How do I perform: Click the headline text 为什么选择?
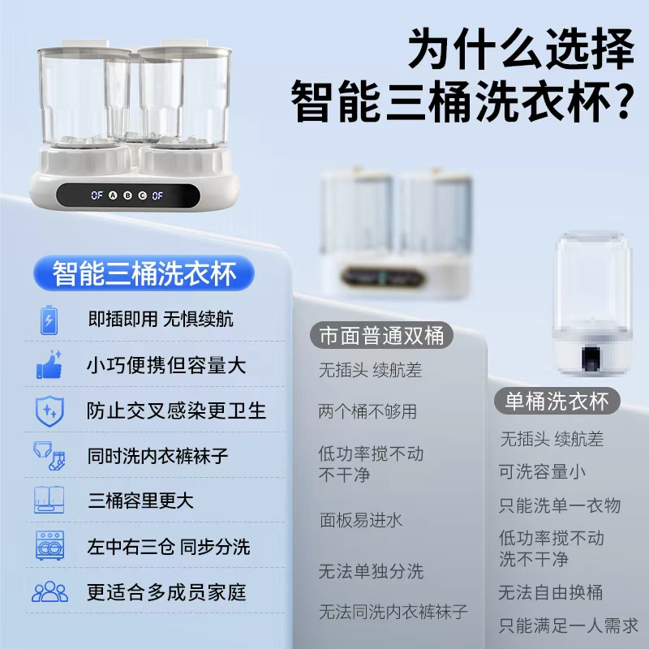click(x=520, y=50)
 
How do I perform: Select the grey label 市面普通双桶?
click(x=382, y=336)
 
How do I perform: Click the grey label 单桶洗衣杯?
click(x=557, y=402)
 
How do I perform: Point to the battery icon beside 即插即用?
click(x=48, y=319)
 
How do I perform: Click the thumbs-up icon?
click(x=49, y=364)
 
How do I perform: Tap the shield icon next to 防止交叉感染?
click(x=49, y=410)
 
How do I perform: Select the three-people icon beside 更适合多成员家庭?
click(x=49, y=591)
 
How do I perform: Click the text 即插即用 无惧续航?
click(x=160, y=319)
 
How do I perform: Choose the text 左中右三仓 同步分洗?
click(x=169, y=546)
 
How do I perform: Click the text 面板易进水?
click(x=360, y=519)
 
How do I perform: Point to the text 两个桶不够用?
click(x=367, y=411)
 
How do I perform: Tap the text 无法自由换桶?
click(x=551, y=591)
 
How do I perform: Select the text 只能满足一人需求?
click(x=568, y=625)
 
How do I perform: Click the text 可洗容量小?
click(x=542, y=471)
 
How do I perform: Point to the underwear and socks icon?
click(x=49, y=456)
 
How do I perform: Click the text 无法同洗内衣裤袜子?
click(x=393, y=611)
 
